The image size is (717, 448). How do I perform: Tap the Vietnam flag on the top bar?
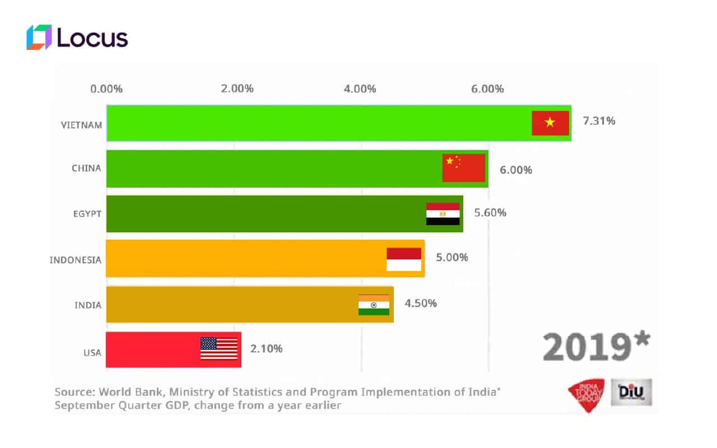tap(550, 123)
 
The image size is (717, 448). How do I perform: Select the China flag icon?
tap(463, 167)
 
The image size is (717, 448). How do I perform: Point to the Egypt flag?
tap(443, 214)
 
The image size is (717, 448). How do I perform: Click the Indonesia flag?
tap(404, 259)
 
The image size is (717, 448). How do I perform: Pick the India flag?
tap(374, 305)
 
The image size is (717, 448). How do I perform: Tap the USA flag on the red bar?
tap(219, 348)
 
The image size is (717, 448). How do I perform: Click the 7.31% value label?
tap(599, 120)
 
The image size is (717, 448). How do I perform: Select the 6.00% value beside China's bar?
tap(516, 170)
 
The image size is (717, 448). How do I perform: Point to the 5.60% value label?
tap(490, 213)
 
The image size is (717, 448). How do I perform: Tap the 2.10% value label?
tap(266, 348)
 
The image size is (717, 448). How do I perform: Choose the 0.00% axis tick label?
tap(106, 88)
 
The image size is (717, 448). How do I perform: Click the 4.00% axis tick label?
tap(360, 88)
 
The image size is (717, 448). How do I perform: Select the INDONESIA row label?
tap(76, 260)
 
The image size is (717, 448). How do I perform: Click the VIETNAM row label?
tap(82, 125)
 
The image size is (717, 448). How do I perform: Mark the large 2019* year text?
tap(597, 346)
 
